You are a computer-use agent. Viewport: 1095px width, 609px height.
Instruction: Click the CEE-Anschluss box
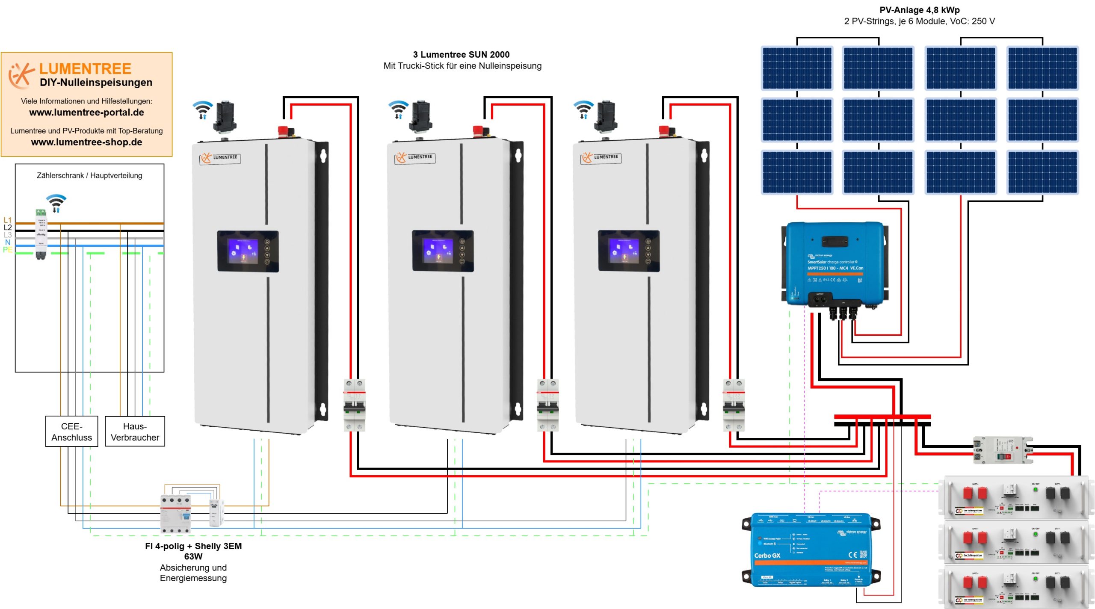click(x=71, y=431)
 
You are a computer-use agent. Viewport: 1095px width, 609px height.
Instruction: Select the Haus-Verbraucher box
click(x=135, y=431)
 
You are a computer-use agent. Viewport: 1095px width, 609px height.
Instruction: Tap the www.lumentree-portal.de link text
click(x=86, y=112)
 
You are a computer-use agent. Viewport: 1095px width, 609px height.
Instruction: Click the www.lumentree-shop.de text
click(x=86, y=142)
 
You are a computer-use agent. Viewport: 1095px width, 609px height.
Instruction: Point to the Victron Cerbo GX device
click(x=811, y=550)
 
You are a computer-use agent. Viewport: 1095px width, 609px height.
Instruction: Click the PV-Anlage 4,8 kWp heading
click(x=919, y=10)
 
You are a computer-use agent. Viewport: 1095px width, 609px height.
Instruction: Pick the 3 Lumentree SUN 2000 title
click(x=461, y=54)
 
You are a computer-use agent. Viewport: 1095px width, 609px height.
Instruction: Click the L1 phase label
click(x=7, y=220)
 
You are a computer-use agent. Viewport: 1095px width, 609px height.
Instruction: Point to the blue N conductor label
click(x=7, y=242)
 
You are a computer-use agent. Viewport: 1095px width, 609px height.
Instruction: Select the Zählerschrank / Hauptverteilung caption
click(x=89, y=175)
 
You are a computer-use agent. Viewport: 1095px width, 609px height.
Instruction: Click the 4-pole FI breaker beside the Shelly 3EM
click(x=175, y=513)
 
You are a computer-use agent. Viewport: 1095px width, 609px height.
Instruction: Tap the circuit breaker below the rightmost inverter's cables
click(x=733, y=405)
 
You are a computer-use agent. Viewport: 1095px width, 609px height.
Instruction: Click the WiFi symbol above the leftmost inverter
click(x=202, y=109)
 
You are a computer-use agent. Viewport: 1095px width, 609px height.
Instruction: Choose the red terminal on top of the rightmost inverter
click(x=664, y=130)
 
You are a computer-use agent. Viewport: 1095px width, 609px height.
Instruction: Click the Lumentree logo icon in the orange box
click(x=21, y=75)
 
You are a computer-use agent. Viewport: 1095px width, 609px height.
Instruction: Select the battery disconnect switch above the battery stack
click(x=1002, y=450)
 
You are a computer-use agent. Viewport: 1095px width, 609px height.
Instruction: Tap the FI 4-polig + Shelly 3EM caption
click(x=193, y=546)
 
